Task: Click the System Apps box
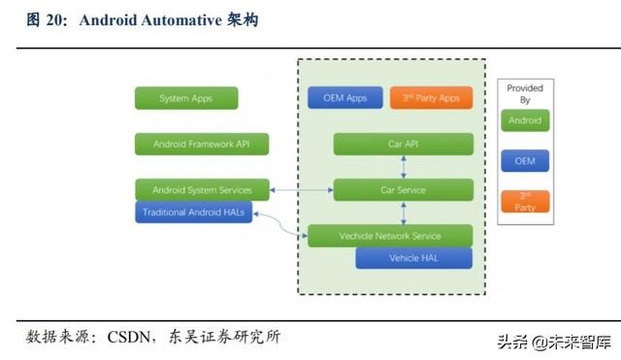tap(186, 98)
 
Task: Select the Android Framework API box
tap(201, 145)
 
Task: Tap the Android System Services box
tap(202, 190)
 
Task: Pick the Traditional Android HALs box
tap(194, 212)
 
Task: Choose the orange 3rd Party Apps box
tap(431, 98)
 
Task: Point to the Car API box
tap(403, 145)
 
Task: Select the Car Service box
tap(403, 190)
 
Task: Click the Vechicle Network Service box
tap(390, 236)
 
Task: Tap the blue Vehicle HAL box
tap(413, 258)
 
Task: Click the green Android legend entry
tap(525, 120)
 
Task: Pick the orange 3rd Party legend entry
tap(525, 202)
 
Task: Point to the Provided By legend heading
tap(525, 93)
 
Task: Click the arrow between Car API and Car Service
tap(403, 167)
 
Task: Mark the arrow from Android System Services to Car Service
tap(300, 190)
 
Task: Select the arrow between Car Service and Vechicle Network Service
tap(403, 213)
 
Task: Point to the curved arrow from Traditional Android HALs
tap(281, 225)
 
